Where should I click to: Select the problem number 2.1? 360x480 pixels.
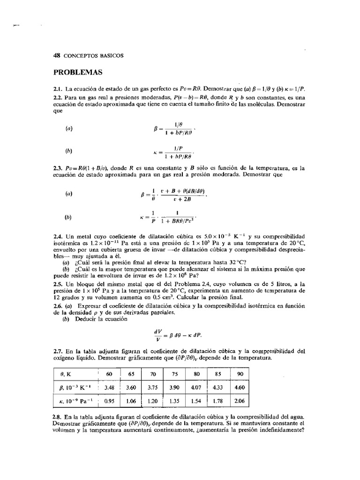coord(59,89)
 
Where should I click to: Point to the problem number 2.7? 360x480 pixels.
coord(59,350)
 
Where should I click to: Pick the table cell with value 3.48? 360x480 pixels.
coord(109,388)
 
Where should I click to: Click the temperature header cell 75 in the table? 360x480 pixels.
coord(174,374)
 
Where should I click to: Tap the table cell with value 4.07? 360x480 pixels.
coord(195,388)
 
